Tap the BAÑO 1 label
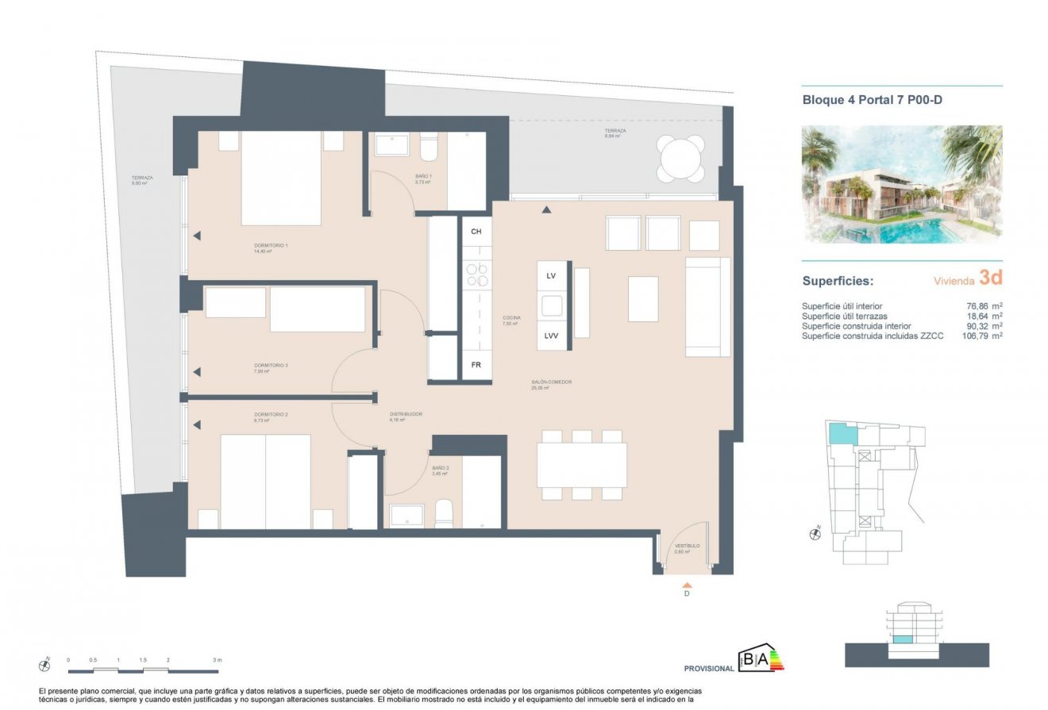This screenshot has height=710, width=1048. pyautogui.click(x=422, y=176)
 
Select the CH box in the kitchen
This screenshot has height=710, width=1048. pyautogui.click(x=476, y=232)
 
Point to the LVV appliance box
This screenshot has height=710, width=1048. pyautogui.click(x=552, y=336)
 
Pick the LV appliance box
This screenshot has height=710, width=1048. pyautogui.click(x=551, y=275)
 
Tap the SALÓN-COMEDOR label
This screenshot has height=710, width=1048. pyautogui.click(x=552, y=382)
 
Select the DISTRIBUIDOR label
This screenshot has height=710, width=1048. pyautogui.click(x=405, y=414)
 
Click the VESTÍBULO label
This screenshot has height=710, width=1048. pyautogui.click(x=688, y=547)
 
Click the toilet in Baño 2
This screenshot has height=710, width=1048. pyautogui.click(x=444, y=513)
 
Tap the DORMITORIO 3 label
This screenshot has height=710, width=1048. pyautogui.click(x=271, y=366)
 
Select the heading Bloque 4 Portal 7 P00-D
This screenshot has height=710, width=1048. pyautogui.click(x=872, y=100)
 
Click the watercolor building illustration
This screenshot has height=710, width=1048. pyautogui.click(x=902, y=184)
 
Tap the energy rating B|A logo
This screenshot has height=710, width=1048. pyautogui.click(x=760, y=658)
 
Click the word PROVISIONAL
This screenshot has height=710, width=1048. pyautogui.click(x=709, y=669)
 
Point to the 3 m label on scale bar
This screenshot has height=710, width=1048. pyautogui.click(x=217, y=660)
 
